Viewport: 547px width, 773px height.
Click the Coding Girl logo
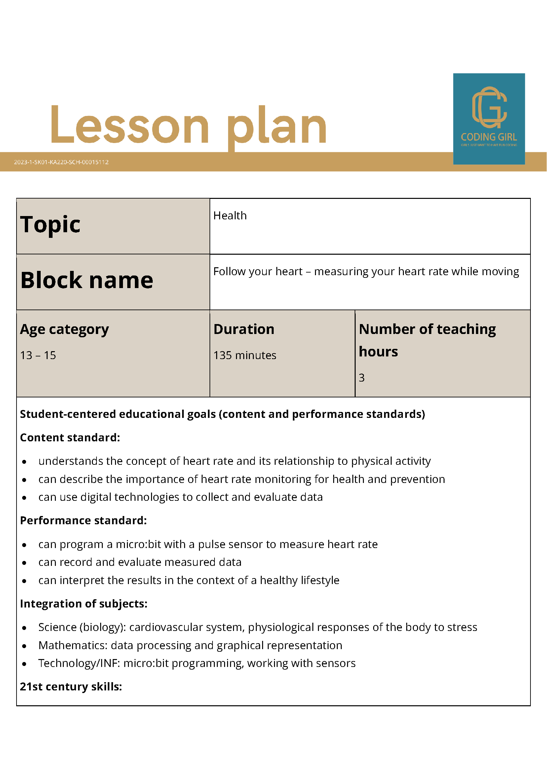point(489,119)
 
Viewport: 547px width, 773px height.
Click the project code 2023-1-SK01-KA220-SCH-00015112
point(61,162)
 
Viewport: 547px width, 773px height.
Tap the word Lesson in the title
point(130,125)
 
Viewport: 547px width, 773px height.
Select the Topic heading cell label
point(51,225)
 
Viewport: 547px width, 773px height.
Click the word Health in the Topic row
point(230,216)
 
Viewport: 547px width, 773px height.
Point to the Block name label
point(87,280)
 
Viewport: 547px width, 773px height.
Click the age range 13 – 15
point(38,355)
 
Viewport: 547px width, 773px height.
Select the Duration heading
point(244,329)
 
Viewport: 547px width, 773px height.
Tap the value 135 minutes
point(245,355)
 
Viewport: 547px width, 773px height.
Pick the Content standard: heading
point(70,438)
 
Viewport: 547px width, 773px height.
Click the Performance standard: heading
point(84,521)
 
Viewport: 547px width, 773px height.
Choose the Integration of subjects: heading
point(84,604)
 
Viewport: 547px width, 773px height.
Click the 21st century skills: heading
point(71,686)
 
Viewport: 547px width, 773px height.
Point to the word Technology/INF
point(79,663)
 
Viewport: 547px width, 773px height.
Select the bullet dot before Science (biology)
point(24,628)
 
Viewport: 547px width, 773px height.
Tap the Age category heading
point(65,329)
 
